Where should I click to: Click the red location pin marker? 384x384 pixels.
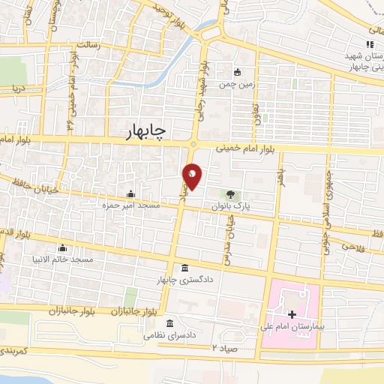point(193,176)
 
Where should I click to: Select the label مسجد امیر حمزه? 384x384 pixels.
point(130,203)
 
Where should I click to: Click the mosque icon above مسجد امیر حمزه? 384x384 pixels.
point(130,193)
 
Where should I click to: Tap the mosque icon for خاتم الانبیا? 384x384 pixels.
point(63,248)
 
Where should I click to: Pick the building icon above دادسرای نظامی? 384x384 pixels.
point(170,324)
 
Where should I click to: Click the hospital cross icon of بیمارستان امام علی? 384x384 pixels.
point(291,313)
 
